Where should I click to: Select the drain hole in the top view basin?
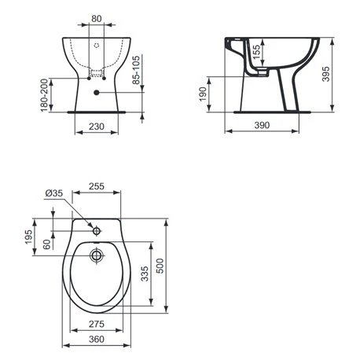pyautogui.click(x=96, y=255)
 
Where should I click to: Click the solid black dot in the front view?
pyautogui.click(x=96, y=93)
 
